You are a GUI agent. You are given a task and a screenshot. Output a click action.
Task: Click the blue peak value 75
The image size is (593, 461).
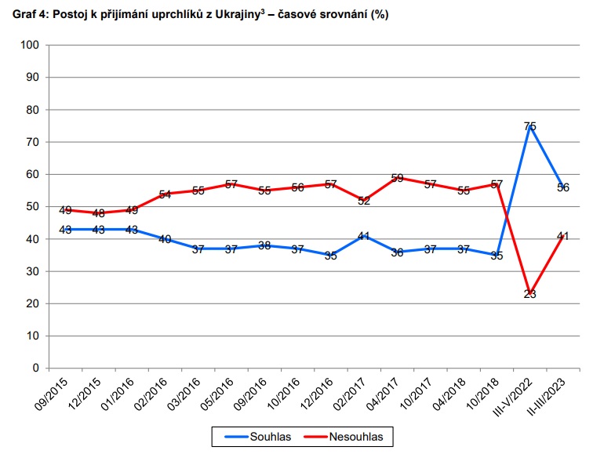coord(530,126)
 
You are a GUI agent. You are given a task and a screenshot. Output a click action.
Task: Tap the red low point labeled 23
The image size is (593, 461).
coord(530,294)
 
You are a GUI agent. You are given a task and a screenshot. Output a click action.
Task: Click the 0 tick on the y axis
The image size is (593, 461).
coord(36,368)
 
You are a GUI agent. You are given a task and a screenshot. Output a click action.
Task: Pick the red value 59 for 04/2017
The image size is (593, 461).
coord(397,178)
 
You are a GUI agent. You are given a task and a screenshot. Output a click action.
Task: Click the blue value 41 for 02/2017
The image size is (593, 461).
coord(364,236)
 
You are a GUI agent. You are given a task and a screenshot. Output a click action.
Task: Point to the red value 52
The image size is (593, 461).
coord(364,201)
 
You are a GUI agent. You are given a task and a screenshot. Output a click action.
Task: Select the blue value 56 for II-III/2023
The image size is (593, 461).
coord(563,187)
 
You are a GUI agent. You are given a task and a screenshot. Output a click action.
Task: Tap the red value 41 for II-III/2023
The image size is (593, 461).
coord(563,236)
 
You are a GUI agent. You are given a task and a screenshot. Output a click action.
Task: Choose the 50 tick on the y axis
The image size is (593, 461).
coord(34,206)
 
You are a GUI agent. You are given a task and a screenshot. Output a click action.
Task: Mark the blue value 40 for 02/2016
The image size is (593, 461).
coord(165,239)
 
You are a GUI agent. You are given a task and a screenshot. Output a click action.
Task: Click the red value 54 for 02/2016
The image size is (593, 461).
coord(165,194)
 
